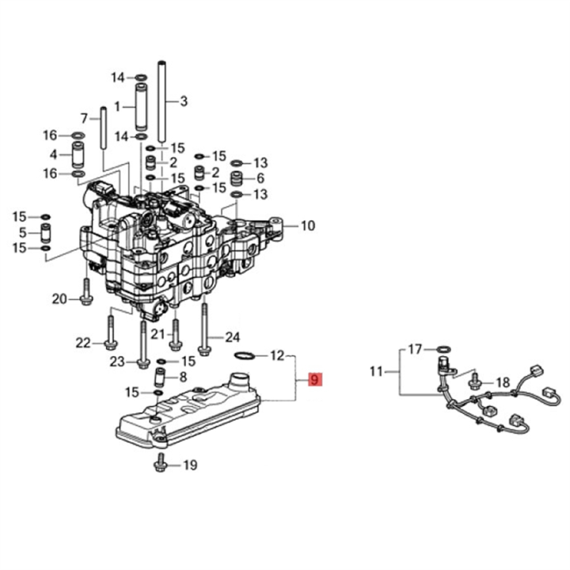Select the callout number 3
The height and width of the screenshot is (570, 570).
pyautogui.click(x=184, y=101)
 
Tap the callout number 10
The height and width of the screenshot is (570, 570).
pyautogui.click(x=307, y=226)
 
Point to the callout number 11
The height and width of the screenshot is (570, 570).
pyautogui.click(x=376, y=370)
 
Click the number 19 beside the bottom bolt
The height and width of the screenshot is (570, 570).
pyautogui.click(x=189, y=465)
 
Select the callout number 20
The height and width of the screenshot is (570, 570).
pyautogui.click(x=85, y=118)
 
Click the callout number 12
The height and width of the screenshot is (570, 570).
pyautogui.click(x=277, y=355)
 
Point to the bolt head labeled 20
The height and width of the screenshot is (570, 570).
pyautogui.click(x=85, y=298)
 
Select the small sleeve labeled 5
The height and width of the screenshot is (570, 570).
pyautogui.click(x=45, y=233)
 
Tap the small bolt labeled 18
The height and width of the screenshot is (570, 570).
pyautogui.click(x=473, y=382)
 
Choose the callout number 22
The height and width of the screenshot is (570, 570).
pyautogui.click(x=83, y=342)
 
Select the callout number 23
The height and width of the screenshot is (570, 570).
pyautogui.click(x=117, y=362)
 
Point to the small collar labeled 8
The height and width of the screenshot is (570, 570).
pyautogui.click(x=159, y=377)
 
